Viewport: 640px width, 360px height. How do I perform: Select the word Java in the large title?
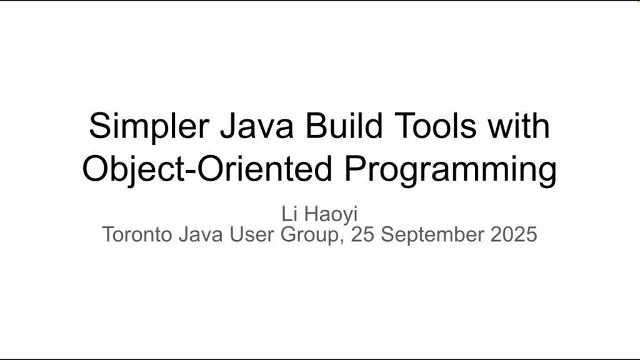[257, 126]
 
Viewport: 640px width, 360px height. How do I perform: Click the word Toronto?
[137, 235]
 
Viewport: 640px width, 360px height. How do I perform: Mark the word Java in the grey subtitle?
[201, 235]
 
